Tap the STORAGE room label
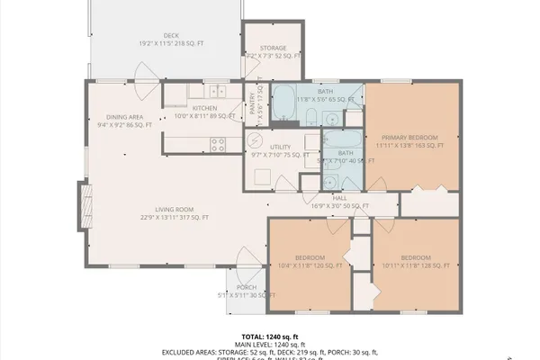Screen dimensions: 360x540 [x=273, y=48]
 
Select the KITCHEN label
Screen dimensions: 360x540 [x=204, y=108]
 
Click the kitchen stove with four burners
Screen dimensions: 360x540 [x=218, y=142]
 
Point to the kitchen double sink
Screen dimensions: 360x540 [x=217, y=91]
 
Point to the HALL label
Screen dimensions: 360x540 [x=339, y=198]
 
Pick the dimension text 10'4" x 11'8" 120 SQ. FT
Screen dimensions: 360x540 [x=308, y=265]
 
